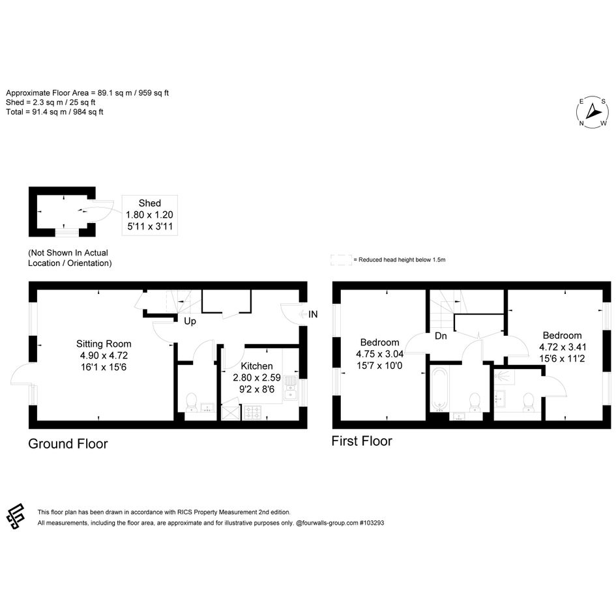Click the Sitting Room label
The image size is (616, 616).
pos(104,344)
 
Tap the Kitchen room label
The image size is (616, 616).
pos(257,366)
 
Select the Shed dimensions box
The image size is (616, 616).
pos(150,215)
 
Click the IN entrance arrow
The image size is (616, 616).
pos(303,314)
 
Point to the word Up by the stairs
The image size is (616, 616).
pos(190,321)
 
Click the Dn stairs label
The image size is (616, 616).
pos(441,336)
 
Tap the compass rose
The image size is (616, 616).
pos(592,112)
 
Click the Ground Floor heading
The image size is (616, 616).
pos(68,443)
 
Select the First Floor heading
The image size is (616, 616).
pos(362,441)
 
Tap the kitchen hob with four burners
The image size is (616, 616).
pos(253,413)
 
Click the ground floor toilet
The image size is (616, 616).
pos(192,402)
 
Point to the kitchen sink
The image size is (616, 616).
pos(290,388)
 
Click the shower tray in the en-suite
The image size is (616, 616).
pos(504,376)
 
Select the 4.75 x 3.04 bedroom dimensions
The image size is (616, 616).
pos(379,360)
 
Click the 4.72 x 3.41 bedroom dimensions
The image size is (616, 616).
pos(563,353)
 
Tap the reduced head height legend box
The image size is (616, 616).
pos(341,259)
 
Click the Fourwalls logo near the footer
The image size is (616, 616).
pos(16,516)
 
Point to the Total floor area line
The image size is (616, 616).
pos(55,112)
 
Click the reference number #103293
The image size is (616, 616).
pos(372,523)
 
